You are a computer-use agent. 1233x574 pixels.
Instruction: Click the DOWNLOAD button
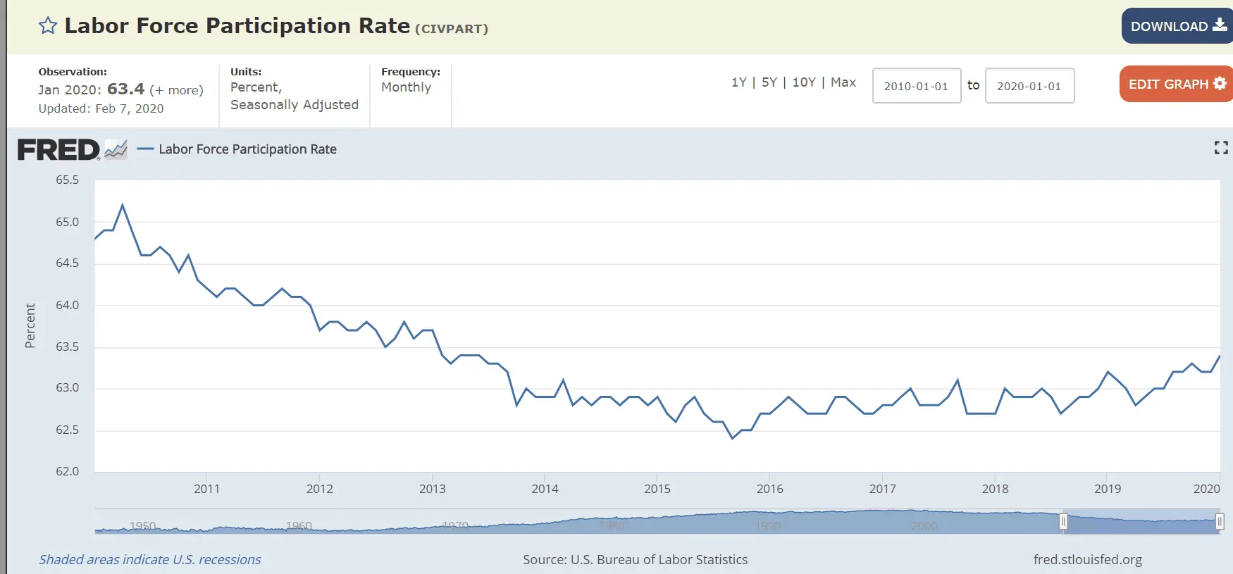(x=1177, y=26)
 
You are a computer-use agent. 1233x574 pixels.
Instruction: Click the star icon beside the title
(x=48, y=26)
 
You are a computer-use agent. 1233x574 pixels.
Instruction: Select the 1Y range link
(x=738, y=82)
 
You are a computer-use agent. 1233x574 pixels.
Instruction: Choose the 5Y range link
(x=769, y=82)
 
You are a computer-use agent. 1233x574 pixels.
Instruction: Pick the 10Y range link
(x=803, y=82)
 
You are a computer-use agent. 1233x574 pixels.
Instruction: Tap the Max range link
(x=843, y=82)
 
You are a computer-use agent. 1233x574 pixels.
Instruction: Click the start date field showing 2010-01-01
(x=916, y=86)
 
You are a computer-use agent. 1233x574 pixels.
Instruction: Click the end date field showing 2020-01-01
(x=1029, y=86)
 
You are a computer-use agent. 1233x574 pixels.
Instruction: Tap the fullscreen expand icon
(x=1221, y=147)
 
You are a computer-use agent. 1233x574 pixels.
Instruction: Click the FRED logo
(x=59, y=149)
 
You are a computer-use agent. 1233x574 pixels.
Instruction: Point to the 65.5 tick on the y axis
(x=68, y=180)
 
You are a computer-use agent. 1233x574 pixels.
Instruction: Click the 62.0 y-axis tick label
(x=68, y=471)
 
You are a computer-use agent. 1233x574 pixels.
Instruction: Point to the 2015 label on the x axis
(x=657, y=489)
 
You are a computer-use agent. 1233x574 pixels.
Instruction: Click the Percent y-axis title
(x=30, y=325)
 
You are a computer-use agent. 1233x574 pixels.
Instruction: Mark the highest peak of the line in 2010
(x=123, y=205)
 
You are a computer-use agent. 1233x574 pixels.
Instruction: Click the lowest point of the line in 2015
(x=733, y=438)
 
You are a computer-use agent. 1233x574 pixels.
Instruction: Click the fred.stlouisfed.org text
(x=1087, y=559)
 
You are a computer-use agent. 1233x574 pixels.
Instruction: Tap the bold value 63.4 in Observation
(x=125, y=89)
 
